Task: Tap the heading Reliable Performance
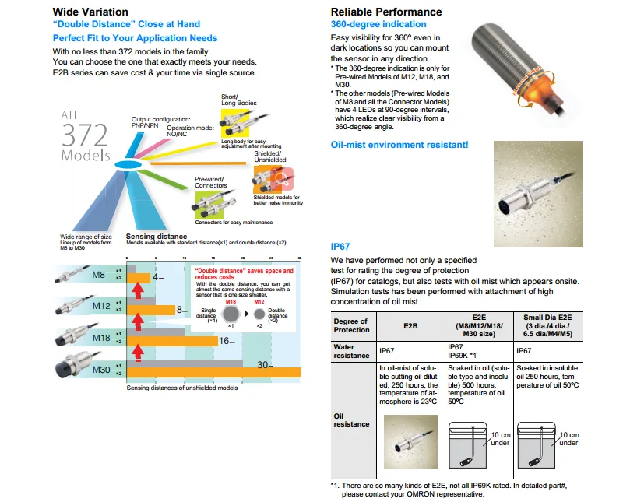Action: (x=386, y=12)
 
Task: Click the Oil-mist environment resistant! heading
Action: (x=399, y=145)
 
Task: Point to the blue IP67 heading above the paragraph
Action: (x=342, y=247)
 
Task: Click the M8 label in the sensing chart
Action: (x=98, y=275)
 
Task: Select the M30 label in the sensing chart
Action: (x=101, y=369)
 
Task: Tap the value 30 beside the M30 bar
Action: (x=265, y=365)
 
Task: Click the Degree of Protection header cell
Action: (x=350, y=325)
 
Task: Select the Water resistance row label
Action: (x=351, y=351)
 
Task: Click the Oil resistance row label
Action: (x=351, y=420)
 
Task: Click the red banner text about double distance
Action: (x=244, y=272)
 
